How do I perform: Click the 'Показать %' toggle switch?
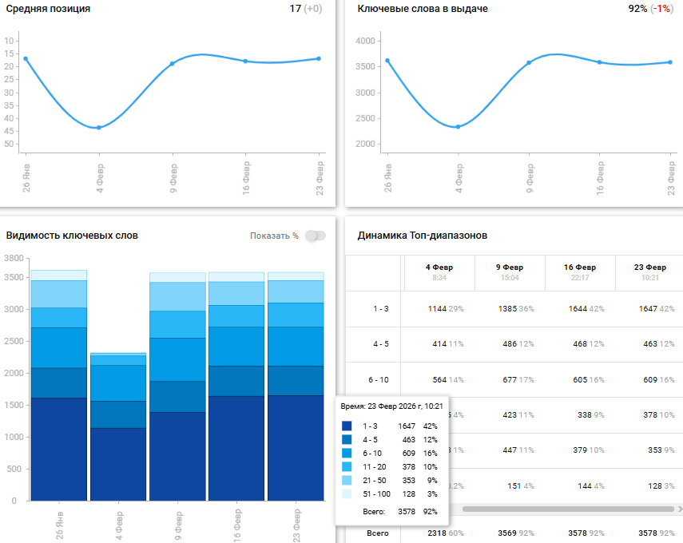(x=316, y=236)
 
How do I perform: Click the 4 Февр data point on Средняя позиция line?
(x=98, y=128)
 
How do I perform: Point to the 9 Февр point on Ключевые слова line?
(x=529, y=62)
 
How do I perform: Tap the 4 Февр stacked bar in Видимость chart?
(x=117, y=427)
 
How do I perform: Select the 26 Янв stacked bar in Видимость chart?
(x=58, y=387)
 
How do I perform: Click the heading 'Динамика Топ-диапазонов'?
(x=422, y=236)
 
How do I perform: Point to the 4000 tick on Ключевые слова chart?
(x=365, y=41)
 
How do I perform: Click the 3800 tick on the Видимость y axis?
(x=13, y=259)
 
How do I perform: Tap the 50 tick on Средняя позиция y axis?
(x=10, y=144)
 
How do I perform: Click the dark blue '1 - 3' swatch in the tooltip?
(x=346, y=426)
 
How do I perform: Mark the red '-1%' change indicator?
(x=661, y=9)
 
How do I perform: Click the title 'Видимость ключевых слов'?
(x=72, y=236)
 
